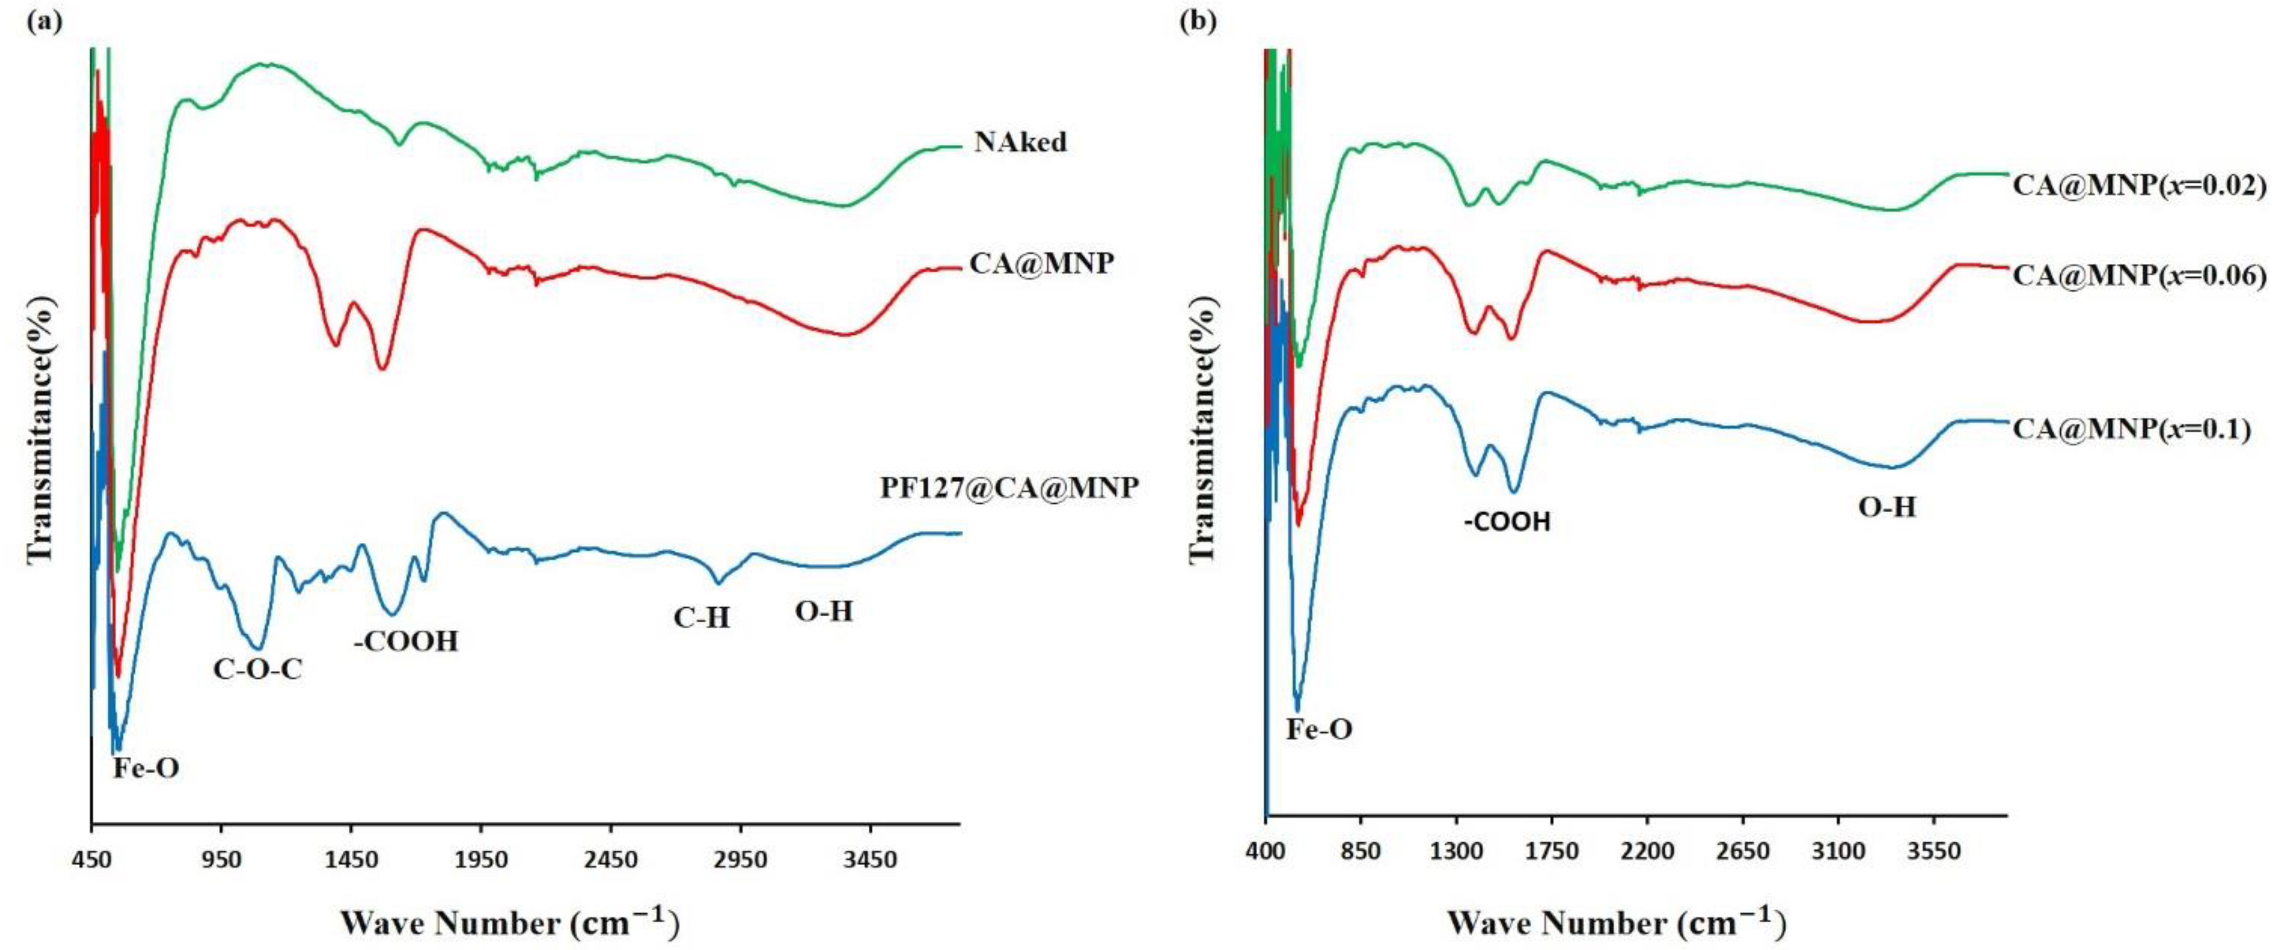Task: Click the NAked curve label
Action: pos(1020,142)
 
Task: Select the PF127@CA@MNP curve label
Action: pos(1009,488)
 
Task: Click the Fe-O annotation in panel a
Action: pos(146,768)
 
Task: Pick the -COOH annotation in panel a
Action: pos(406,641)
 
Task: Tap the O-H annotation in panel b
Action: pos(1887,508)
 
